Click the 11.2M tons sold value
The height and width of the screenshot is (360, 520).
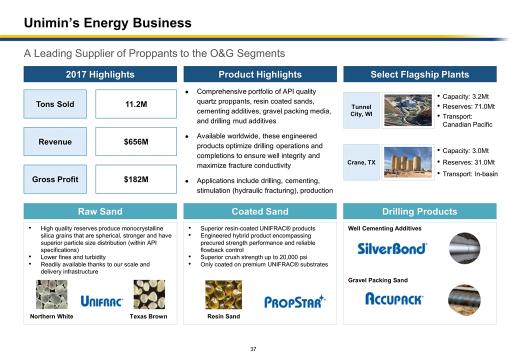(136, 104)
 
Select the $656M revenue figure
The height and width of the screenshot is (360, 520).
(136, 141)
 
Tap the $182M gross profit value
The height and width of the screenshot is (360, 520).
(136, 179)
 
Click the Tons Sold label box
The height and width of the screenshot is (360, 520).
(55, 104)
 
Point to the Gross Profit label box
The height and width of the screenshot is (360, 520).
(55, 179)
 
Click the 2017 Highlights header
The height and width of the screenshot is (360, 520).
(100, 74)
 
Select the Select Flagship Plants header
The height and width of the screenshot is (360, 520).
(419, 74)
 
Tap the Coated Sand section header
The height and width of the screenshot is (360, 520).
(259, 211)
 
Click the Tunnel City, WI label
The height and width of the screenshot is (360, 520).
(361, 110)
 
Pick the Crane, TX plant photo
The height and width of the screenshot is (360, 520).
(407, 162)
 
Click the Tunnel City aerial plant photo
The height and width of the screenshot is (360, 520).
(407, 110)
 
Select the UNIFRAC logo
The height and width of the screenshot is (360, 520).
(102, 300)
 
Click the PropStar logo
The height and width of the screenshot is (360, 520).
(294, 301)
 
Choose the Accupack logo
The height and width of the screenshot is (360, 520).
(394, 299)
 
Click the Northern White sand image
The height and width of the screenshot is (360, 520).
(51, 294)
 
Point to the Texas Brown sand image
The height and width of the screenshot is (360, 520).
(149, 294)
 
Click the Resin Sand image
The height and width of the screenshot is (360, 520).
(223, 295)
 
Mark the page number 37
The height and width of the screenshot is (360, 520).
(254, 349)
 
